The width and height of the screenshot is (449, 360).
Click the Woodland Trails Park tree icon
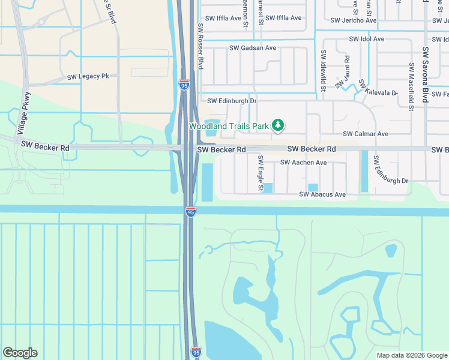point(277,125)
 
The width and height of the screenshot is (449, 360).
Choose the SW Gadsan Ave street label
point(253,48)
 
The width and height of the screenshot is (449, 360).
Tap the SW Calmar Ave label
point(366,134)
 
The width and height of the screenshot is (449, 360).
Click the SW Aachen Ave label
point(303,163)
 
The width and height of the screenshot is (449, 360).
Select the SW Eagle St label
point(261,173)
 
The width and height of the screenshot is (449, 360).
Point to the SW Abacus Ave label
point(322,194)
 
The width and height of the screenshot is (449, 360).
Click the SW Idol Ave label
point(367,39)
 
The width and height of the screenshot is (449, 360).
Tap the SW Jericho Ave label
point(354,20)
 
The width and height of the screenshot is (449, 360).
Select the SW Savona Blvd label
point(426,76)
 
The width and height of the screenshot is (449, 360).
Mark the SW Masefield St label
point(411,87)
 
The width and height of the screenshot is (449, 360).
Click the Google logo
point(20,353)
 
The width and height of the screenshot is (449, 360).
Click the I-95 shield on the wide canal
point(190,212)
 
